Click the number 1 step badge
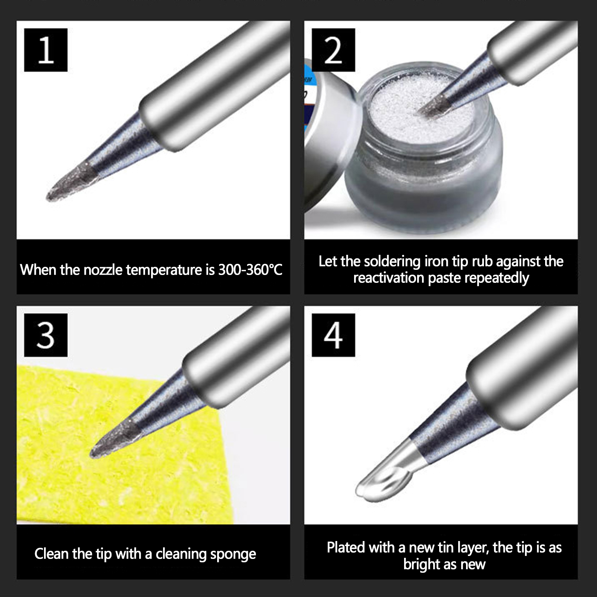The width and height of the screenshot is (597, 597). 46,50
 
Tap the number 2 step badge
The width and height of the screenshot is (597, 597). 333,50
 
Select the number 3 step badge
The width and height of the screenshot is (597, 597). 46,335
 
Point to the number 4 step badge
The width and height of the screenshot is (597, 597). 333,335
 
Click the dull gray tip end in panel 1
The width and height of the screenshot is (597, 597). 71,184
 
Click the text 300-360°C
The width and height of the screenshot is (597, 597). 250,269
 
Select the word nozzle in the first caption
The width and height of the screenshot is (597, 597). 103,269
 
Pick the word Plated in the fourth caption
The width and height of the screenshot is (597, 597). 346,547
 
